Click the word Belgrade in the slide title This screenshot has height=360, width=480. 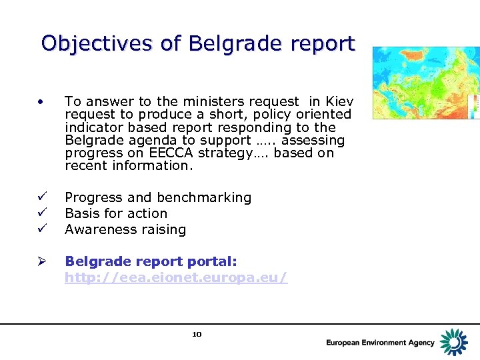228,43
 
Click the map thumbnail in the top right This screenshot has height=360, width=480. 425,83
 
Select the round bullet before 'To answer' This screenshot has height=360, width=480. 41,102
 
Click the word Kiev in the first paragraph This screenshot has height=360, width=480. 339,101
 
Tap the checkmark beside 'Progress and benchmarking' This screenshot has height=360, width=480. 41,197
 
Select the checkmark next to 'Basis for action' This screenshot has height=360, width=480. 41,213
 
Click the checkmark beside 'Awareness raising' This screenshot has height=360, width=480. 41,229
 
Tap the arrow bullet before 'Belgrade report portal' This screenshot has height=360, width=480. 41,262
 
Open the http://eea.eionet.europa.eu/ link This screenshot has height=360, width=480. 176,277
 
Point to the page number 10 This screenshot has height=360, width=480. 197,334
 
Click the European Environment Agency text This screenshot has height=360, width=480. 380,343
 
